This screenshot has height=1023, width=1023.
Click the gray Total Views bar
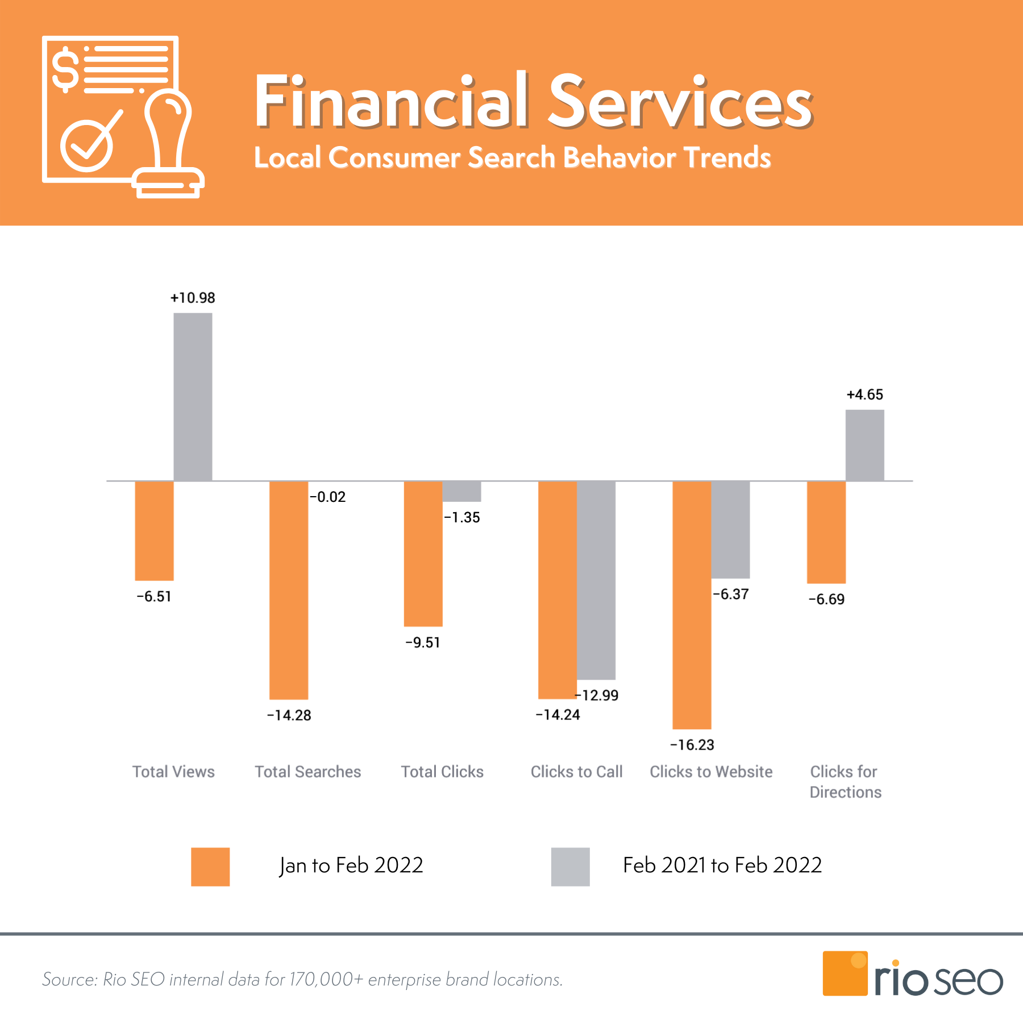(x=193, y=397)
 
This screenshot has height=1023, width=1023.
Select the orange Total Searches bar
(x=289, y=590)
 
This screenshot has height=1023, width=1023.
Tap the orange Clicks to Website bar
(x=692, y=605)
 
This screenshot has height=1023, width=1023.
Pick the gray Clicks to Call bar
(x=596, y=580)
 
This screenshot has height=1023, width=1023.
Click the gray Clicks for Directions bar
(x=864, y=445)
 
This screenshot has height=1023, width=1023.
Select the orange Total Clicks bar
(x=423, y=554)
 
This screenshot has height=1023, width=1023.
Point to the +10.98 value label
(x=193, y=298)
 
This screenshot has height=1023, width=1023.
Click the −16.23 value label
(x=692, y=745)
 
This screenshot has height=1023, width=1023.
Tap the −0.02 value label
(x=327, y=497)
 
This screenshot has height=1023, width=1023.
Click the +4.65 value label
(x=864, y=394)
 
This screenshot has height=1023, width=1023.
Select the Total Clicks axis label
(x=442, y=771)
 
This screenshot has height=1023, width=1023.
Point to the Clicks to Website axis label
(x=711, y=771)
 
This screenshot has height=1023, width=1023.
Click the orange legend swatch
(x=210, y=867)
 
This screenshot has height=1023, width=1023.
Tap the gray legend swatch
(x=570, y=867)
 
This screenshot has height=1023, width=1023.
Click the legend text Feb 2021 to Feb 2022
(x=722, y=865)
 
